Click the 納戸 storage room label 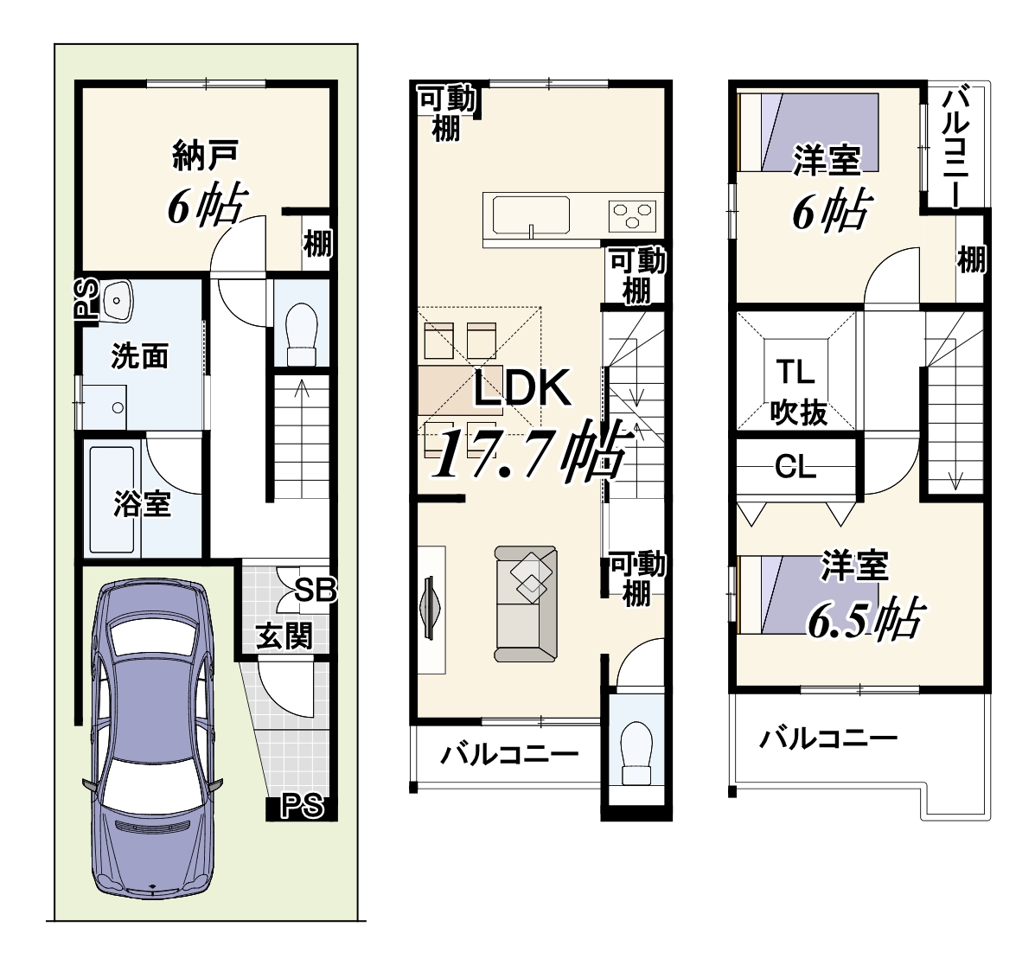click(x=205, y=155)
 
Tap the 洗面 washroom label click(x=140, y=356)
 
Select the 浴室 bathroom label click(x=143, y=504)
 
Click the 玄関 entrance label click(x=284, y=637)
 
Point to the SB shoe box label click(x=316, y=590)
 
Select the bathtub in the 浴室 click(x=112, y=500)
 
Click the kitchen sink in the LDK click(x=531, y=215)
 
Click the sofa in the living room click(x=526, y=604)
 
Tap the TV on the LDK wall click(x=429, y=607)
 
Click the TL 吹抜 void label click(x=797, y=392)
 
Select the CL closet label click(x=795, y=468)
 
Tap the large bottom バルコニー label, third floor click(x=828, y=738)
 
